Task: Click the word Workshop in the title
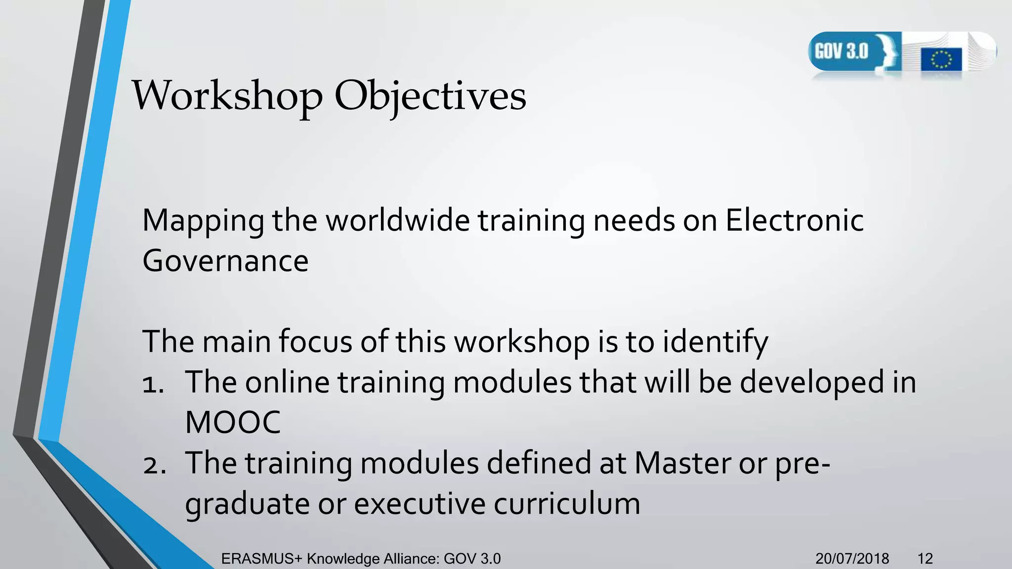[x=227, y=95]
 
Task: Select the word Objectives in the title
[x=430, y=95]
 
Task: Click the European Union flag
[x=941, y=60]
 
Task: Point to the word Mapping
[x=203, y=221]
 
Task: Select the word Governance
[x=225, y=261]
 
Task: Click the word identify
[x=715, y=341]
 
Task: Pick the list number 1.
[x=153, y=383]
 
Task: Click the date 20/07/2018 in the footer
[x=852, y=559]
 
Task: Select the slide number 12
[x=925, y=559]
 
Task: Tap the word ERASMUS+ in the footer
[x=261, y=559]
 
